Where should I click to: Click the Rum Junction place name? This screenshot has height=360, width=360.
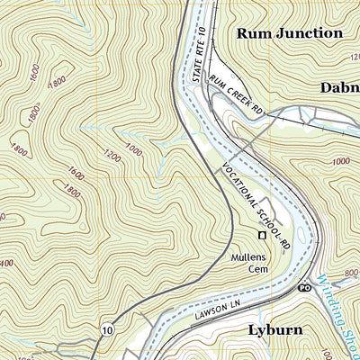(289, 33)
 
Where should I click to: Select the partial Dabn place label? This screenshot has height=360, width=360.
(339, 87)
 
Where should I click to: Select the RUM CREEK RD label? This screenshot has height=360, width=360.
(236, 94)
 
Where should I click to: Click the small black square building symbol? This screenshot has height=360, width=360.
(262, 236)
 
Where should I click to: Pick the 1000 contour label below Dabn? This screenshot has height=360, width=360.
(340, 161)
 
